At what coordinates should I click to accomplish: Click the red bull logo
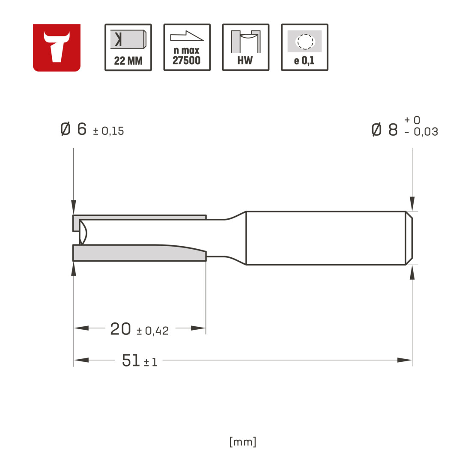click(57, 48)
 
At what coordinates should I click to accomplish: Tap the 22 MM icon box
click(128, 48)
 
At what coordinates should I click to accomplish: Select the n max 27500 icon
click(187, 48)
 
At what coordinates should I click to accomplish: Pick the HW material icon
click(246, 48)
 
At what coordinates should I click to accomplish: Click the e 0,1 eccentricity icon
click(304, 48)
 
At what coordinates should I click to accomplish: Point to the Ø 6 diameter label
click(74, 129)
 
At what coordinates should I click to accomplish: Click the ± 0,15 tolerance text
click(108, 131)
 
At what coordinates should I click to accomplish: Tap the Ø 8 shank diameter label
click(385, 130)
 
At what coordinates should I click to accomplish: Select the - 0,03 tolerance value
click(421, 131)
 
